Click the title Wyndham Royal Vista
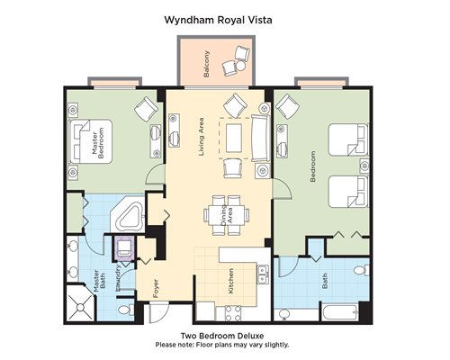tap(219, 20)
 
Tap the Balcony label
tap(206, 64)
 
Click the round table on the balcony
tap(240, 65)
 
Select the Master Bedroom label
tap(98, 141)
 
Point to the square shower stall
tap(80, 303)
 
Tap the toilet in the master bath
tap(126, 310)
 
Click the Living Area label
tap(202, 137)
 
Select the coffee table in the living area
tap(234, 138)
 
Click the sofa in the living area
tap(260, 139)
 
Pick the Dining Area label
tap(227, 215)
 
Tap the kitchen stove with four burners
tap(233, 313)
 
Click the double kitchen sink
tap(263, 274)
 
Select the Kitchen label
tap(231, 281)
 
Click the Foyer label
tap(156, 288)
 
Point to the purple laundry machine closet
tap(123, 247)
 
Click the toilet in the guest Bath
tap(362, 270)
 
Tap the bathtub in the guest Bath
tap(340, 312)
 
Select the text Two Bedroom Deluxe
tap(222, 336)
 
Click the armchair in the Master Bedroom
tap(146, 109)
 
